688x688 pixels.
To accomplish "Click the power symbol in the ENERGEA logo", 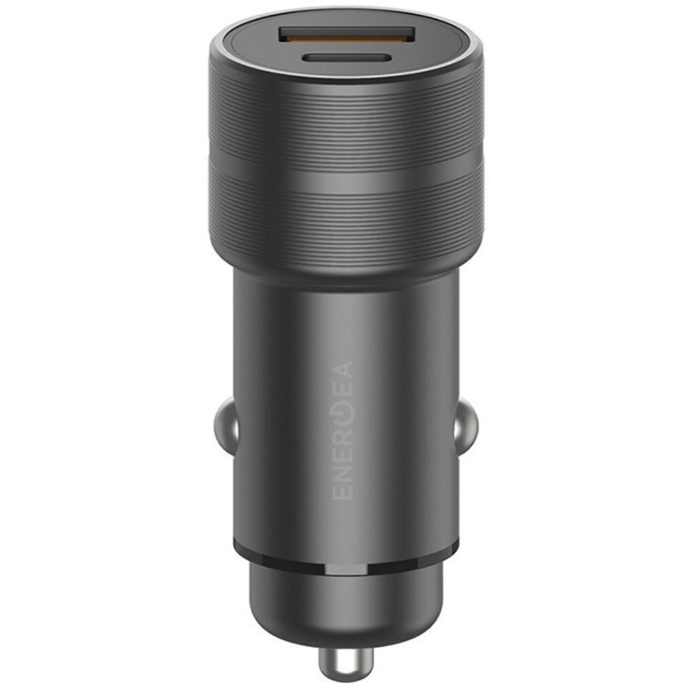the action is [x=343, y=415].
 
